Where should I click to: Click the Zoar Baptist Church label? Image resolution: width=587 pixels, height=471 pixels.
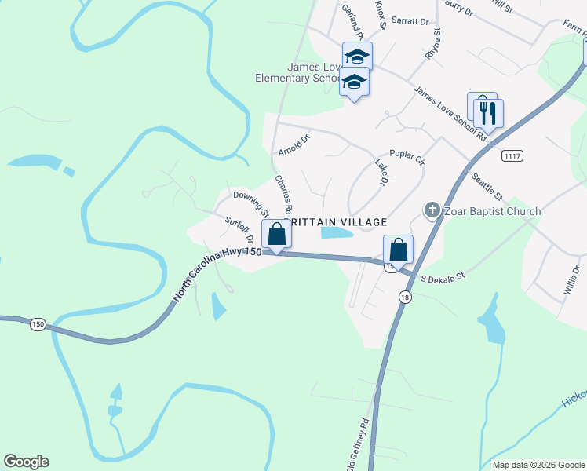491,211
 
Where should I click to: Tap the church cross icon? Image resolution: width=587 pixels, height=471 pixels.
431,210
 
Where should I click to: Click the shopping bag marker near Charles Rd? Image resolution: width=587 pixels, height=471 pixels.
275,235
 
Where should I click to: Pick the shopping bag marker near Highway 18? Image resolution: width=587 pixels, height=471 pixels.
398,250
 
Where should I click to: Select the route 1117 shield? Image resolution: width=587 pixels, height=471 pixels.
512,155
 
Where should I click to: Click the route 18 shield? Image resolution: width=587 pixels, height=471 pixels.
405,297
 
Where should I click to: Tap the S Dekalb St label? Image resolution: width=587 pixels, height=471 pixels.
443,278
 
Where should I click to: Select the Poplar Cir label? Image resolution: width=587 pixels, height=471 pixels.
407,157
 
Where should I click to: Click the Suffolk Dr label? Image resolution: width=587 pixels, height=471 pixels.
239,230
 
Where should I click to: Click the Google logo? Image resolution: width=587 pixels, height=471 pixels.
26,462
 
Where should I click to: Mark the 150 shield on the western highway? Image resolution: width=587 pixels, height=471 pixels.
37,323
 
